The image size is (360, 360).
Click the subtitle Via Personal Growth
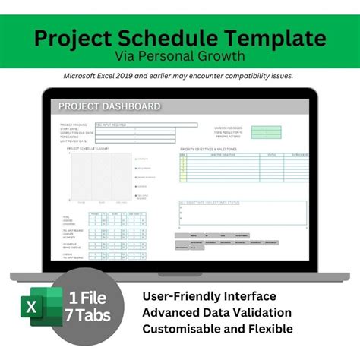[x=179, y=56]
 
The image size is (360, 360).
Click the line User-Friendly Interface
[x=209, y=295]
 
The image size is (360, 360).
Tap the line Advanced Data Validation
[x=216, y=312]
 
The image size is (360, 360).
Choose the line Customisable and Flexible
[x=217, y=329]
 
